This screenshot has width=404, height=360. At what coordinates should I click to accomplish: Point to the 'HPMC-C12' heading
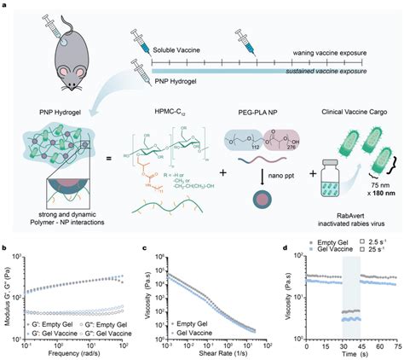[x=172, y=111]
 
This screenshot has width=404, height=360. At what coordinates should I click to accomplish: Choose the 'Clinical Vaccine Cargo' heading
[x=349, y=111]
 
